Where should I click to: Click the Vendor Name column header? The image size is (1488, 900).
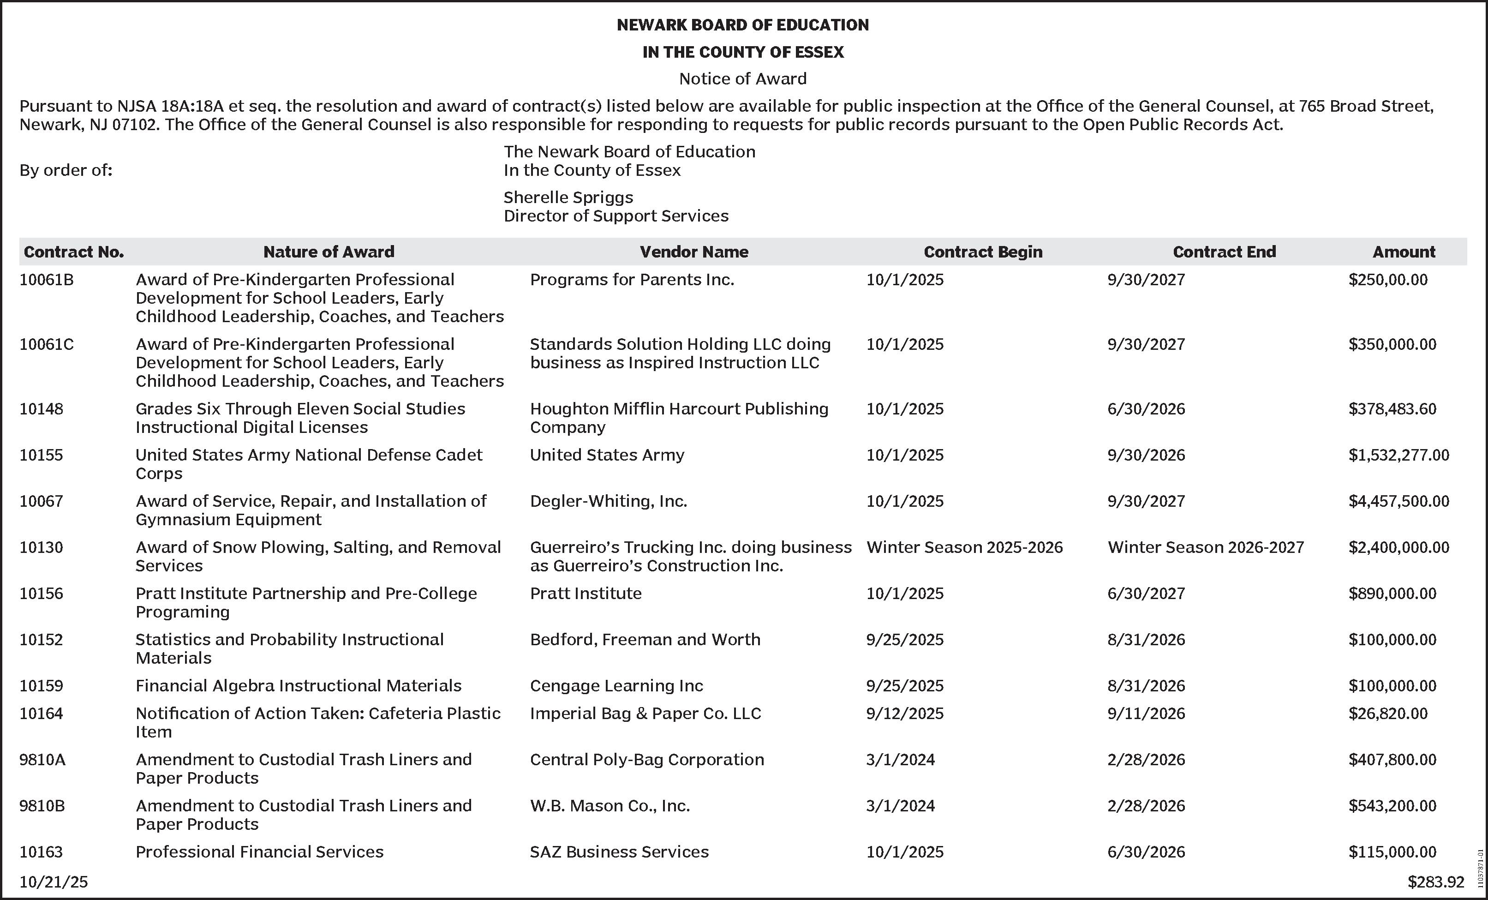[x=694, y=252]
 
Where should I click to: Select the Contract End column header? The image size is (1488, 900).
[x=1224, y=252]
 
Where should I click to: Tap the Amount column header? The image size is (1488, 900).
[x=1404, y=252]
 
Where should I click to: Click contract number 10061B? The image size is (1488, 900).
[x=47, y=280]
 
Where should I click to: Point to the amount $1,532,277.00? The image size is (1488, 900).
[x=1398, y=455]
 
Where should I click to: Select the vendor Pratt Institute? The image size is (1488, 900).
[x=586, y=593]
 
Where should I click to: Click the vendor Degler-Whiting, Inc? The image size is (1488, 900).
[x=608, y=501]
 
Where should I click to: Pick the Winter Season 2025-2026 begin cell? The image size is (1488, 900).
[x=964, y=547]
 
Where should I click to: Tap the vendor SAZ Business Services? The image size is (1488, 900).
[x=619, y=852]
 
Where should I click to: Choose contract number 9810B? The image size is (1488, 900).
[x=42, y=806]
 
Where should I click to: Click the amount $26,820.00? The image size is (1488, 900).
[x=1388, y=714]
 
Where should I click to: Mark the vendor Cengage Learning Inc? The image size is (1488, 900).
[x=616, y=685]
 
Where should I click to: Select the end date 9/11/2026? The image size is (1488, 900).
[x=1146, y=714]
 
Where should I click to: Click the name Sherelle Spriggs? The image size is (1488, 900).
[x=568, y=198]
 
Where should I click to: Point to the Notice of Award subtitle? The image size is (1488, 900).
[x=743, y=78]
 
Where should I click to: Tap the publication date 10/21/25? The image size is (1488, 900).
[x=54, y=882]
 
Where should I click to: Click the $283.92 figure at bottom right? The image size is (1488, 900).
[x=1435, y=882]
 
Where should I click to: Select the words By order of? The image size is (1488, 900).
[x=66, y=170]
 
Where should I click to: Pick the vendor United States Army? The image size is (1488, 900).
[x=607, y=455]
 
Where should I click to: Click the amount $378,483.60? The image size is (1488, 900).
[x=1392, y=409]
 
